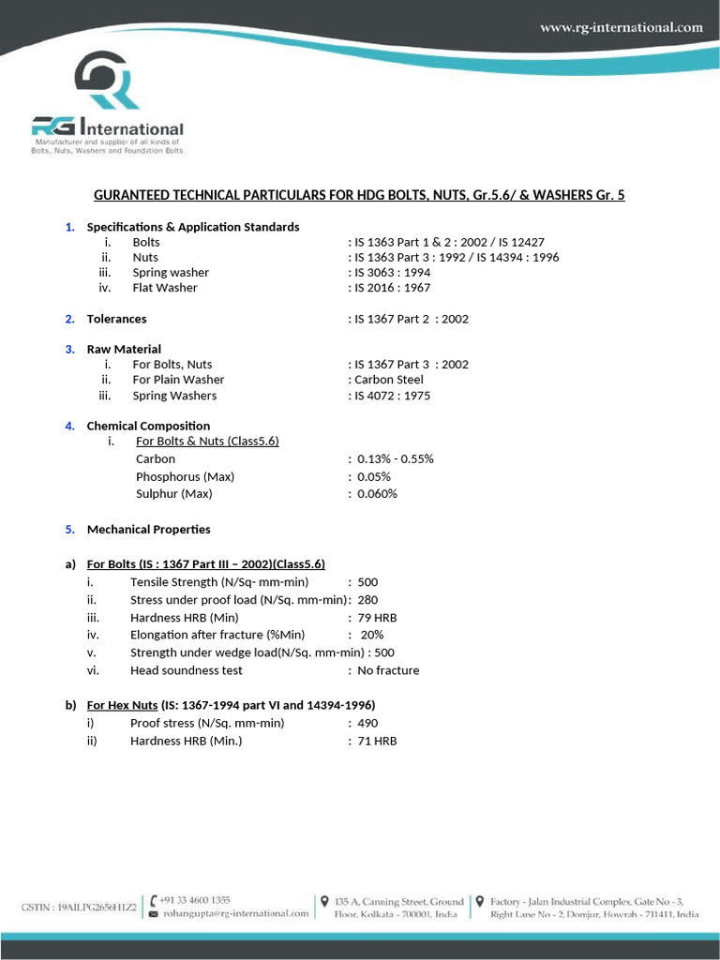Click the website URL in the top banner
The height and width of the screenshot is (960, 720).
point(621,27)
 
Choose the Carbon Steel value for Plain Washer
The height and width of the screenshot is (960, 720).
point(388,380)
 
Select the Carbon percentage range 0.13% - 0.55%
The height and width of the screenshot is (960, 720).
point(395,459)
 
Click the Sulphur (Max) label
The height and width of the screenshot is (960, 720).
point(173,493)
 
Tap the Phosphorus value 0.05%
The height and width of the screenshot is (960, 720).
point(374,476)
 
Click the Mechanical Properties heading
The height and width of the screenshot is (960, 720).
point(148,530)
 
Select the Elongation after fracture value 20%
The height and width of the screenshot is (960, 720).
point(372,635)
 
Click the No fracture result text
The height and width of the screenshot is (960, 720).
point(388,670)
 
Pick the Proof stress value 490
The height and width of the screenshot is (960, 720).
point(367,723)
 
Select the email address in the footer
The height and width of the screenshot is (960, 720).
point(234,914)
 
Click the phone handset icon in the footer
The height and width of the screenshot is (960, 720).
point(154,900)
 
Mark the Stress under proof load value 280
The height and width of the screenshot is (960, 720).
point(367,600)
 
